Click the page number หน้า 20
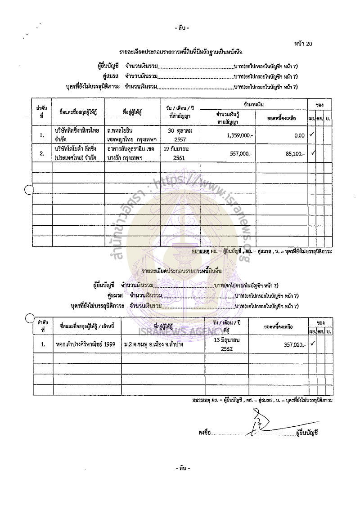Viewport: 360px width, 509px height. coord(302,44)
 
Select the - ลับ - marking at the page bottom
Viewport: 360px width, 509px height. coord(183,469)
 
